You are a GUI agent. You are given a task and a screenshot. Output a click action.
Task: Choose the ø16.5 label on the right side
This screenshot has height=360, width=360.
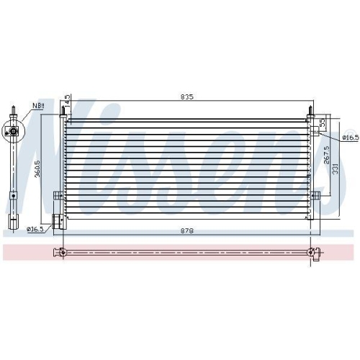click(x=349, y=136)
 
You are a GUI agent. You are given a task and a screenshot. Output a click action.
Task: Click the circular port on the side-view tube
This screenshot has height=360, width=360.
click(x=12, y=132)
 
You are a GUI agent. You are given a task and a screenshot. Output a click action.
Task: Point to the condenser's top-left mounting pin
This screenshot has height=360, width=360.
click(x=64, y=113)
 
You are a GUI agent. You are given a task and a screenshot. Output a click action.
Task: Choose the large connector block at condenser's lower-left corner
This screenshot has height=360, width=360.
click(x=57, y=220)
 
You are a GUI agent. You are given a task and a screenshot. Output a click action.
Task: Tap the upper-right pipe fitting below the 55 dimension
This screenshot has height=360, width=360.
click(x=315, y=131)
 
